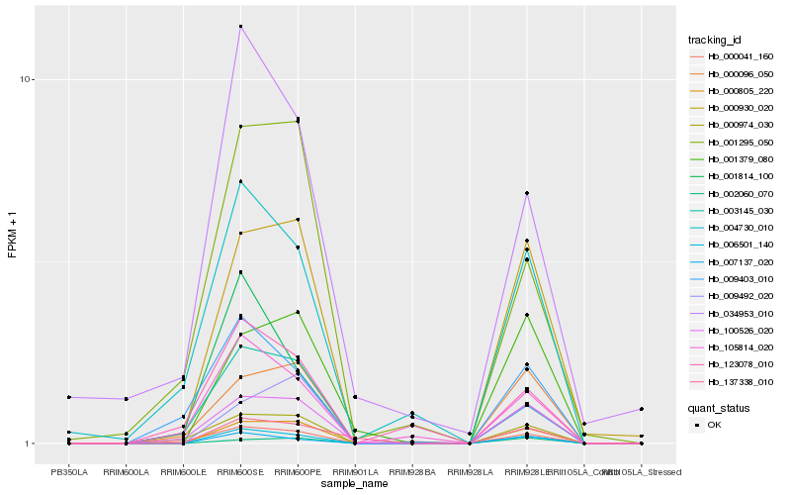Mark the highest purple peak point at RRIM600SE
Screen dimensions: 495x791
(x=240, y=27)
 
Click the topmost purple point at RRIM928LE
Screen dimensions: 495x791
(x=527, y=193)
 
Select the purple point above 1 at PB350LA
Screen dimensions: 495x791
(x=69, y=397)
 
